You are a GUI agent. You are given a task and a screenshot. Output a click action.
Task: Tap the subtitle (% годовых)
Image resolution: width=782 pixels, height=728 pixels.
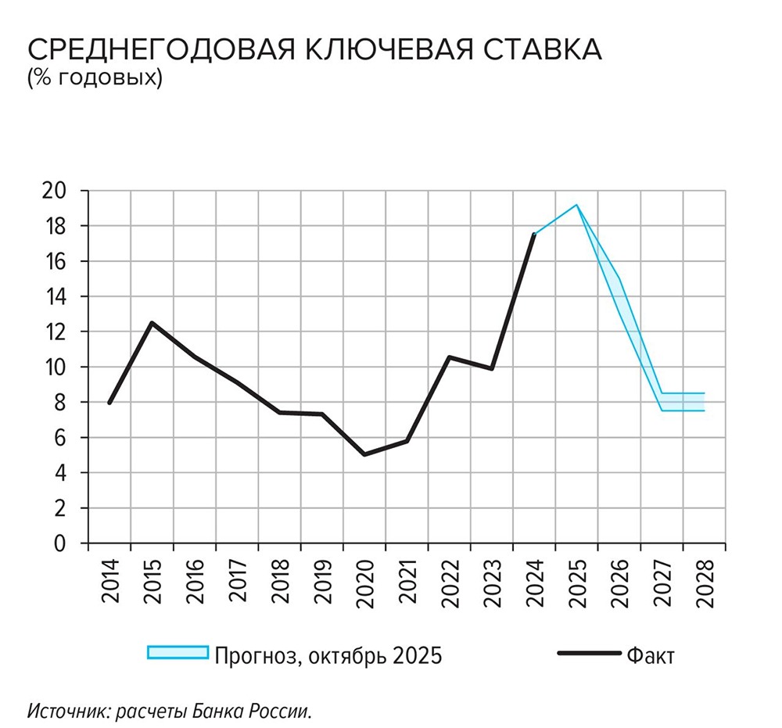[94, 78]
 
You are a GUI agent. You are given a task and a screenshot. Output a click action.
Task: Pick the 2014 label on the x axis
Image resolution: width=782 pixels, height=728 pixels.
[109, 582]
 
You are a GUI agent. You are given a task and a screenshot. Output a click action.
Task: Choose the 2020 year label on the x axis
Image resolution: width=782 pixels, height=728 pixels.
[364, 582]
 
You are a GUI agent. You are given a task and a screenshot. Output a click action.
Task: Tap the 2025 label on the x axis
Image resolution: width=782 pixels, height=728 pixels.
[577, 582]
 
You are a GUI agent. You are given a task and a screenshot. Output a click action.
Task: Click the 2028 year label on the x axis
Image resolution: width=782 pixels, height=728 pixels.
[705, 582]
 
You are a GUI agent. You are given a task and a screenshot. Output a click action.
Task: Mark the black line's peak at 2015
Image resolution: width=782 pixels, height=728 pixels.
[152, 322]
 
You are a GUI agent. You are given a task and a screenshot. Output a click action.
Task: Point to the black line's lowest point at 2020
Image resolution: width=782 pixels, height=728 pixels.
[364, 454]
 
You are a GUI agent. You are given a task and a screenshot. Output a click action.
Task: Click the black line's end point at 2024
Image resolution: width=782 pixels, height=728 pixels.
[534, 234]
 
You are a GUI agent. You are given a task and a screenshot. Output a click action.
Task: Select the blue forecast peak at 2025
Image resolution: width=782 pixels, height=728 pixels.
[577, 205]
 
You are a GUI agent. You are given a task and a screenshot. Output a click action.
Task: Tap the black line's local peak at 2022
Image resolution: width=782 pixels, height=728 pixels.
[449, 357]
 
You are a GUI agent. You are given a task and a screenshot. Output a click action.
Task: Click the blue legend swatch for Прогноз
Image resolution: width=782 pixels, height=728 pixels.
[178, 654]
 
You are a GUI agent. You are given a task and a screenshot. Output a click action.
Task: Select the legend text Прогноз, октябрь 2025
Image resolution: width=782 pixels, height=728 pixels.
[328, 654]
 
